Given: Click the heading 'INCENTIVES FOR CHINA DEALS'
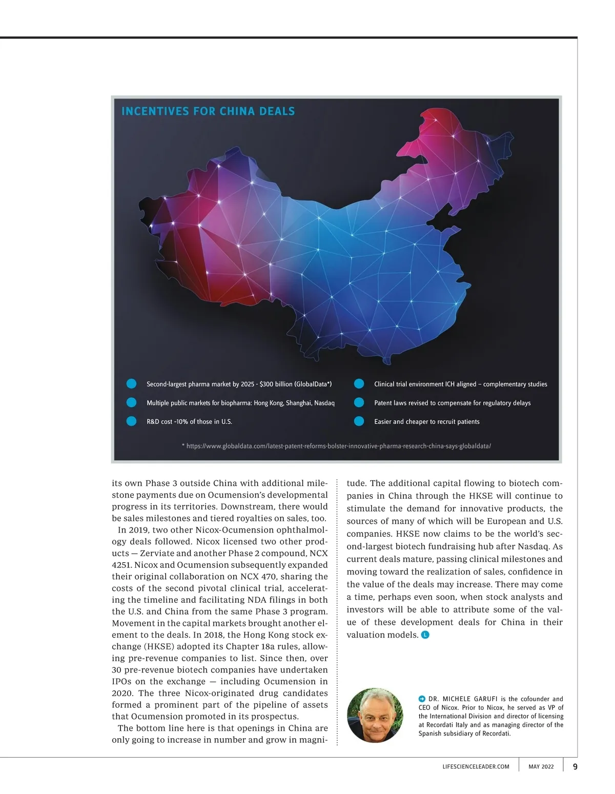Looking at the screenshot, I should tap(208, 111).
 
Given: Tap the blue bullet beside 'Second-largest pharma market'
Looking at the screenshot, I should tap(131, 384).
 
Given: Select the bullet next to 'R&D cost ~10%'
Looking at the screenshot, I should tap(131, 421).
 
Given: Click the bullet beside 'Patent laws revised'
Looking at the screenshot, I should tap(359, 403).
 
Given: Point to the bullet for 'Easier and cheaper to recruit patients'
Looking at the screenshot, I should tap(359, 421).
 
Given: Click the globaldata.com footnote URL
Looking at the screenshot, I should tap(338, 446).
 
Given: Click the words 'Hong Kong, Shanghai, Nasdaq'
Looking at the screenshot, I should tap(294, 403).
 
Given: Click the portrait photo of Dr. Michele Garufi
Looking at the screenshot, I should tap(375, 715).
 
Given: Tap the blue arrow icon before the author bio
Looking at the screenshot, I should tap(422, 699).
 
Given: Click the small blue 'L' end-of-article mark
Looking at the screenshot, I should tap(425, 635).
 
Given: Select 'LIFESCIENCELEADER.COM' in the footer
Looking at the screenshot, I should tap(476, 767).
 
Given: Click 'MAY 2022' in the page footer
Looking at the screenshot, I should tap(541, 767).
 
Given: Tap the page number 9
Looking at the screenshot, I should tap(575, 767).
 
